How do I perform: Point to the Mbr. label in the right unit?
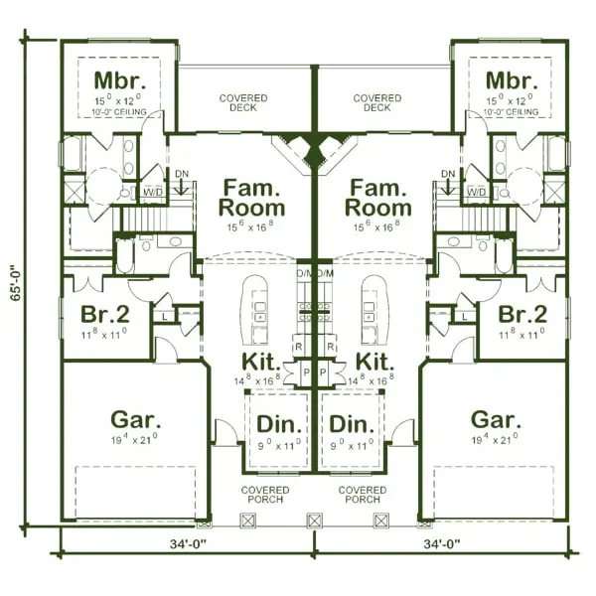(512, 80)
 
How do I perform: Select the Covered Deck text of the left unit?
(243, 103)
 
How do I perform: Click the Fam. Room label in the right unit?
(377, 197)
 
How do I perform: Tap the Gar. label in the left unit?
(136, 418)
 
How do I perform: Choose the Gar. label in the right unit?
(496, 418)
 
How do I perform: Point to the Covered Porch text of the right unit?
(363, 495)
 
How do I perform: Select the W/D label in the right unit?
(476, 191)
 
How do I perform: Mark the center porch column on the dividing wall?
(316, 520)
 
